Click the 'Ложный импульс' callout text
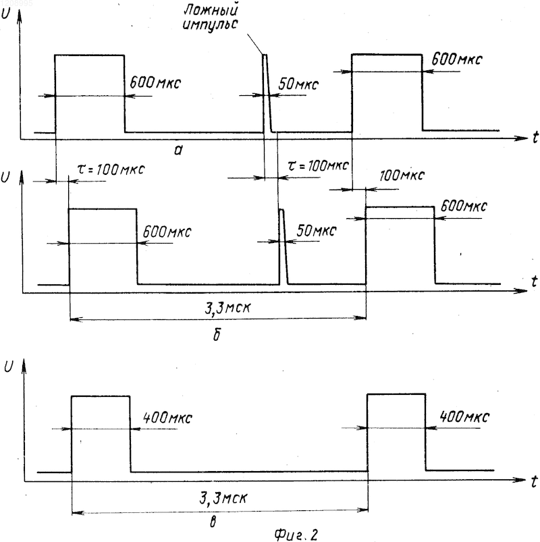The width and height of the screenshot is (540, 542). [211, 18]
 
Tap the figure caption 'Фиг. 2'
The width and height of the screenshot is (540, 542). [296, 534]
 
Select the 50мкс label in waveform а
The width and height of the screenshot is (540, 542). [298, 84]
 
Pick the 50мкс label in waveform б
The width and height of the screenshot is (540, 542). [317, 231]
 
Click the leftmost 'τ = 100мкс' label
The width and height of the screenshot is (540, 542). [110, 169]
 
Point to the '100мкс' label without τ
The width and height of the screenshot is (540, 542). [402, 175]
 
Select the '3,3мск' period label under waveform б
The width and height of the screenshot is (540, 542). [227, 308]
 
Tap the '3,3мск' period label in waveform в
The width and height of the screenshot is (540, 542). [223, 498]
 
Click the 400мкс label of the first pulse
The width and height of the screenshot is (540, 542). [167, 418]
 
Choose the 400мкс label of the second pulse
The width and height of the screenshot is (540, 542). [464, 416]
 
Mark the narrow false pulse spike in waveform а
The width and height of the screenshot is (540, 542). [267, 93]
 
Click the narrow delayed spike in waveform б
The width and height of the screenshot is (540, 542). [283, 247]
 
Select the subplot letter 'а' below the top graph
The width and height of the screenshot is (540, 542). [178, 150]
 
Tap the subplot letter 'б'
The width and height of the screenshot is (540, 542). [217, 334]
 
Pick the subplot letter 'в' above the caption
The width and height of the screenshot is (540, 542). [213, 522]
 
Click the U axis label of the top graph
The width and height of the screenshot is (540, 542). [6, 14]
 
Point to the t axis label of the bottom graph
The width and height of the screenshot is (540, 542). [534, 481]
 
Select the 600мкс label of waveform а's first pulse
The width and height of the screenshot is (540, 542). [155, 83]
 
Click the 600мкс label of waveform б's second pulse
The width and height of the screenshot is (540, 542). [464, 207]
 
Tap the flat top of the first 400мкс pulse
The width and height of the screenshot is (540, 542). [101, 396]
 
